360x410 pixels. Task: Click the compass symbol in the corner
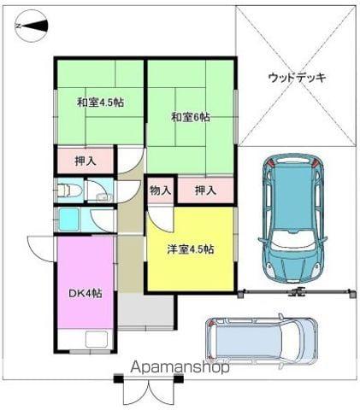(31, 26)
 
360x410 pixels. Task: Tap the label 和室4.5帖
(100, 102)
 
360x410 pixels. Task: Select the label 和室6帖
(191, 117)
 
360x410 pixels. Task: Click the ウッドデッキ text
(297, 78)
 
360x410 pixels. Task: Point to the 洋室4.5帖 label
(191, 249)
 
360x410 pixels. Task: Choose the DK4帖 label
(86, 293)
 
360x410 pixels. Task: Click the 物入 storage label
(161, 190)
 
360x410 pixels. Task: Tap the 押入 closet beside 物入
(205, 190)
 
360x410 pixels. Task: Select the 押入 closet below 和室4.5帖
(86, 161)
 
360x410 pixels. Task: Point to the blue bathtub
(68, 219)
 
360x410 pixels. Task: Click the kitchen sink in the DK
(97, 339)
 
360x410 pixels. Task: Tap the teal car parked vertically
(292, 219)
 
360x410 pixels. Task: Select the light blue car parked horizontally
(262, 339)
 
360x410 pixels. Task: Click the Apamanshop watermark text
(180, 367)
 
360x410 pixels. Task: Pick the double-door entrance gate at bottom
(149, 391)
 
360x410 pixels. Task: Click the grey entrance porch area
(145, 312)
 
